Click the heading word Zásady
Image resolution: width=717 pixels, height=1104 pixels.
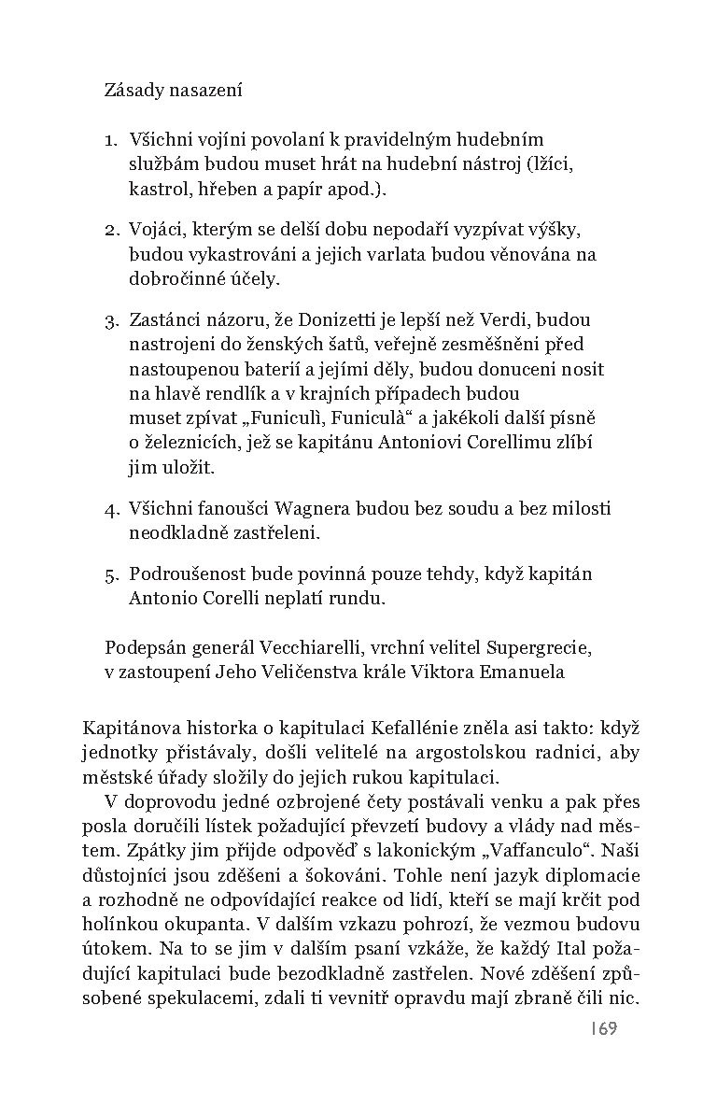click(x=135, y=91)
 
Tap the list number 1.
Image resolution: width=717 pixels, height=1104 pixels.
click(x=109, y=140)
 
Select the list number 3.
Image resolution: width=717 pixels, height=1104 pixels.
click(x=110, y=320)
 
